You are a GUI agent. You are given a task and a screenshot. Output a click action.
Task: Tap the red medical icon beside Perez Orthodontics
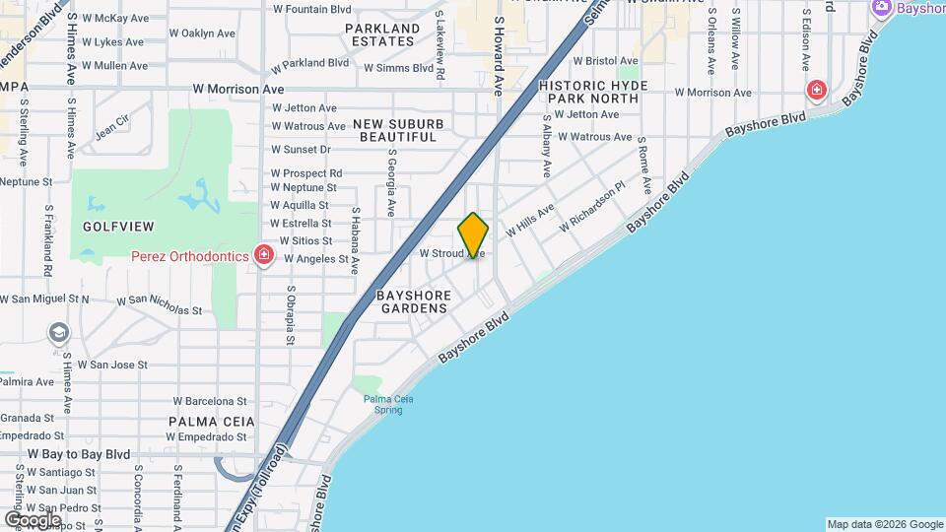pos(263,256)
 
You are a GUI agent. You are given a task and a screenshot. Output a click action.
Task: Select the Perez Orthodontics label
pos(190,256)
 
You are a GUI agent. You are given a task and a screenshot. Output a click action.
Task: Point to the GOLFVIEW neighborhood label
pos(118,227)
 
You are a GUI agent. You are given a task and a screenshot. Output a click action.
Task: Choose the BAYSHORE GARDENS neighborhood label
pos(414,301)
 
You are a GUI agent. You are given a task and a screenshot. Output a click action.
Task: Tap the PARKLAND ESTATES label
pos(382,35)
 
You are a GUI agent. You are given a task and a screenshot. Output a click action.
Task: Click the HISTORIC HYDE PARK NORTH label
pos(594,93)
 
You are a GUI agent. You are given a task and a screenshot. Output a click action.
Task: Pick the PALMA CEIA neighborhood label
pos(211,422)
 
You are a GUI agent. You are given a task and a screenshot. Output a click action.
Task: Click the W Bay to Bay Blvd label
pos(79,454)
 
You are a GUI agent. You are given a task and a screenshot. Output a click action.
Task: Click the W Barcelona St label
pos(210,401)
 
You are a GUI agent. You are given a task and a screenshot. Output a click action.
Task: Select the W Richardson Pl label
pos(592,207)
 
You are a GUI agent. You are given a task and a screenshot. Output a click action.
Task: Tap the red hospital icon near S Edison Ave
pos(816,92)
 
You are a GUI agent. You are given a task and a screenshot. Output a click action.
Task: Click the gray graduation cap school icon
pos(59,332)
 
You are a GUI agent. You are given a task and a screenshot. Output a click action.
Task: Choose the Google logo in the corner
pos(33,519)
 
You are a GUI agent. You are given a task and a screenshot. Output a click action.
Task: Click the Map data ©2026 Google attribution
pos(884,524)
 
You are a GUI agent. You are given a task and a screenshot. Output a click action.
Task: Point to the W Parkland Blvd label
pos(310,62)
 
